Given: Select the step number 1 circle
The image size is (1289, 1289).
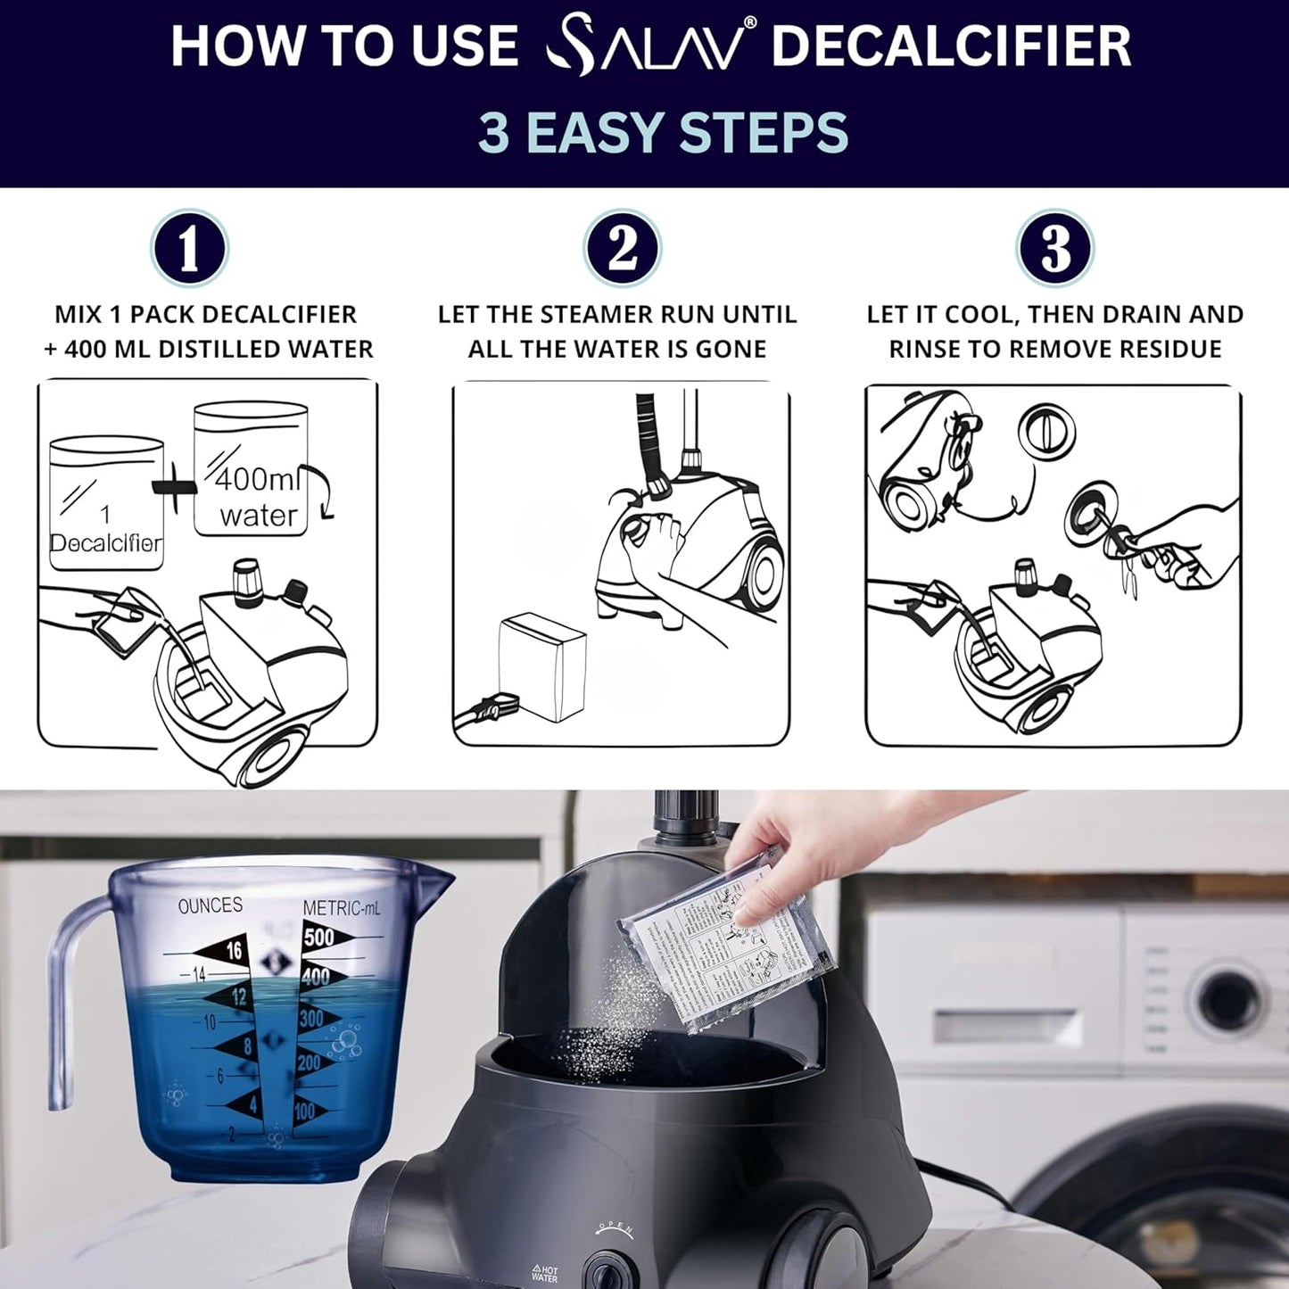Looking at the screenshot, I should click(x=189, y=249).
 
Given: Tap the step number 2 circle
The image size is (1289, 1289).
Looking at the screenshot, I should click(x=622, y=249).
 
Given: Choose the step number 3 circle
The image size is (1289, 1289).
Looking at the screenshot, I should click(x=1055, y=249).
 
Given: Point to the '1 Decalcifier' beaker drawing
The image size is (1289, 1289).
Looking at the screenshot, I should click(x=105, y=504).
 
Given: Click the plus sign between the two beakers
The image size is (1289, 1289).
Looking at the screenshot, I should click(x=176, y=488).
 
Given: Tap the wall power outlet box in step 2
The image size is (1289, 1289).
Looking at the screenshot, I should click(x=541, y=666).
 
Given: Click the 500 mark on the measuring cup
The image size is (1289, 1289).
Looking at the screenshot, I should click(x=318, y=937).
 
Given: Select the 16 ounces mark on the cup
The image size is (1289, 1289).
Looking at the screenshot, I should click(x=234, y=951).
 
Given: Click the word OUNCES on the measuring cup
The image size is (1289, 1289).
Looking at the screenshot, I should click(x=211, y=906).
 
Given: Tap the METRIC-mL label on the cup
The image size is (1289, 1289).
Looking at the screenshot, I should click(x=341, y=908).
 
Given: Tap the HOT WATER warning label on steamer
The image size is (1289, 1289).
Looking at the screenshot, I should click(x=544, y=1273).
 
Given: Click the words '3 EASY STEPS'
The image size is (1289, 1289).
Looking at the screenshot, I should click(x=662, y=132).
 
